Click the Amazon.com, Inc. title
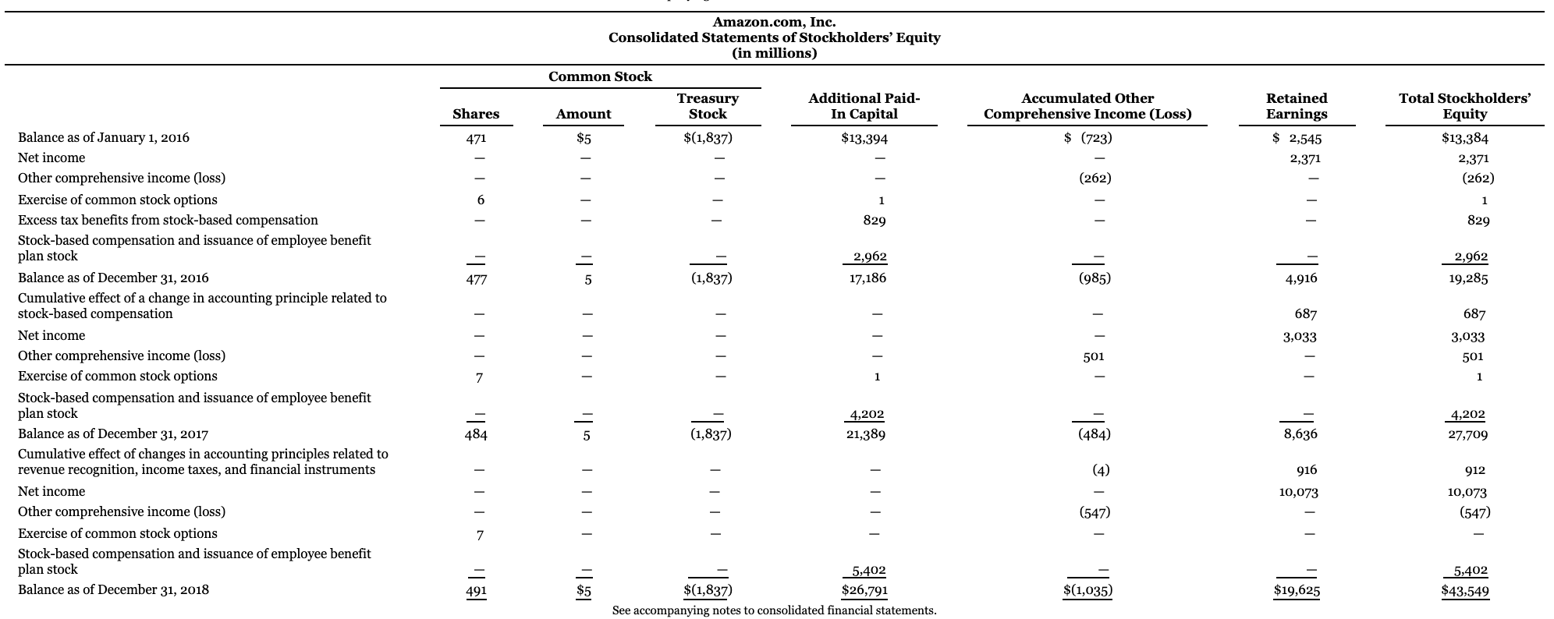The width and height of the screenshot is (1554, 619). coord(774,23)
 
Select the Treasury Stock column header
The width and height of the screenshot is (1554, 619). coord(708,106)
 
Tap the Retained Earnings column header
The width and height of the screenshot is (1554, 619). coord(1296,106)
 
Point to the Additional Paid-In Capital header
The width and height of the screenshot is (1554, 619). coord(864,106)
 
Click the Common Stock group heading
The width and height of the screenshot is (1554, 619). coord(600,76)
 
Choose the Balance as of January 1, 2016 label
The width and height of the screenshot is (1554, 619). coord(104,138)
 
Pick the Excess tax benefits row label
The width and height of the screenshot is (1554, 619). coord(168,221)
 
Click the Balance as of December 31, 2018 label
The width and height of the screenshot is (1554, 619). coord(113,590)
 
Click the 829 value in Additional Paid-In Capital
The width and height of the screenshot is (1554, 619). coord(874,221)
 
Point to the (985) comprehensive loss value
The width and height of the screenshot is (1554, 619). coord(1095,278)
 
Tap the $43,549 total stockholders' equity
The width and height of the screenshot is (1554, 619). coord(1464,591)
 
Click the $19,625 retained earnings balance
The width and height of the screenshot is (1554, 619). coord(1297,591)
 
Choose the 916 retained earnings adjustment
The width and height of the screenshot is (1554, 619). coord(1306,470)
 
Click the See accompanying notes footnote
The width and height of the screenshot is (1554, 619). coord(774,610)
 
